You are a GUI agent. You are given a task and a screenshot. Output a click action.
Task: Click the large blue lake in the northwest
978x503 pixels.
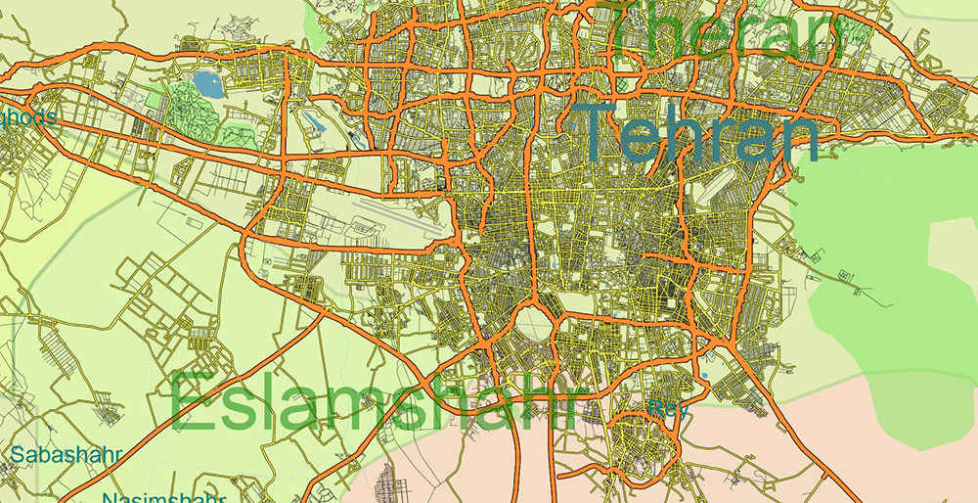tap(208, 83)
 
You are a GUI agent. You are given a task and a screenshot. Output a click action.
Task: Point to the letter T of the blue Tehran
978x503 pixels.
tap(598, 132)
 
